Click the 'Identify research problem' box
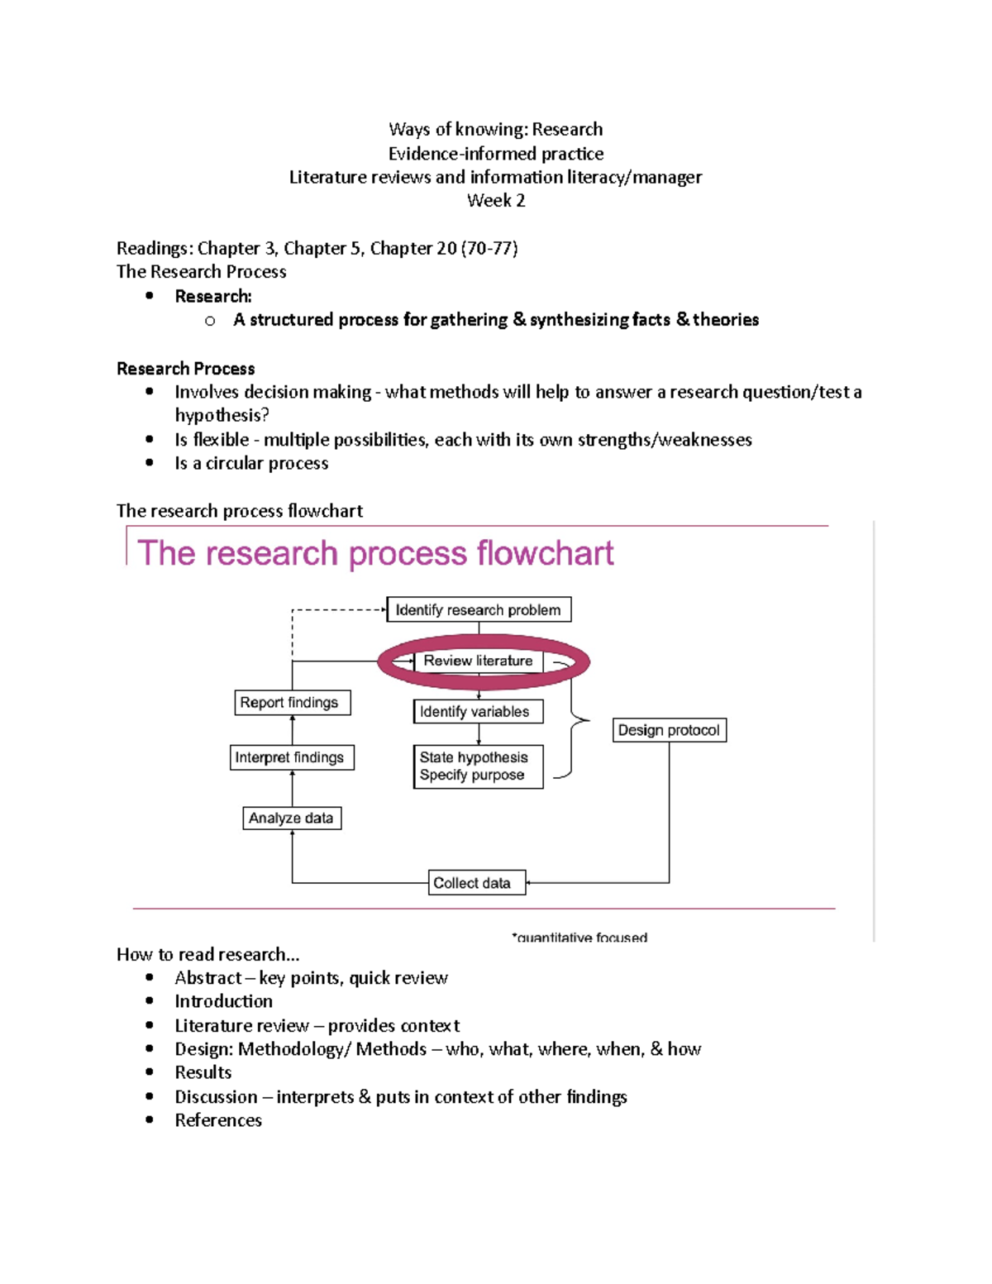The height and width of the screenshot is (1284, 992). pos(479,610)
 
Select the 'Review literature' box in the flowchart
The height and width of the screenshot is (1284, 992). pos(478,661)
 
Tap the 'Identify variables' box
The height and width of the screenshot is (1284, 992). pos(478,712)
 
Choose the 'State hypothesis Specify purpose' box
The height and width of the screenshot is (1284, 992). pos(478,766)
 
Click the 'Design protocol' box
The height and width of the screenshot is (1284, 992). pos(669,730)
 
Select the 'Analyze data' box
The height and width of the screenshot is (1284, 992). pos(291,819)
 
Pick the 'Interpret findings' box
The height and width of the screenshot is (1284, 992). pos(291,757)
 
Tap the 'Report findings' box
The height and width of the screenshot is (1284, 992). pos(292,703)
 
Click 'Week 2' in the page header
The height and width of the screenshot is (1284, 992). pos(496,201)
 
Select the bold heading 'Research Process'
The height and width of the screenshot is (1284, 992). pos(185,369)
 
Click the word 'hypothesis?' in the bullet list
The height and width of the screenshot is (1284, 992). pos(222,415)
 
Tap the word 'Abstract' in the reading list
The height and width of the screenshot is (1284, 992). pos(207,978)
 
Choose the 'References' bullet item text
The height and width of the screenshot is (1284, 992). pos(218,1120)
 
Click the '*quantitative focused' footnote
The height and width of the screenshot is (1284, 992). pos(579,938)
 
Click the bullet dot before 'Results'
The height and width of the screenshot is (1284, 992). pos(150,1072)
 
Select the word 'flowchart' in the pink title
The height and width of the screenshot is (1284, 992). pos(545,553)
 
